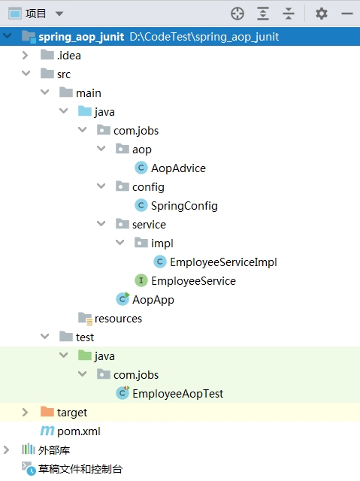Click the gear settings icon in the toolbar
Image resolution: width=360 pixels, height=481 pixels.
(x=322, y=14)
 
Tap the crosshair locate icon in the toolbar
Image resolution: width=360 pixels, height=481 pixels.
(x=237, y=14)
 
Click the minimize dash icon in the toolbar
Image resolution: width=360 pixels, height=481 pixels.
(x=347, y=14)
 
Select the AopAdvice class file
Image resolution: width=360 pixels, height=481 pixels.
(x=178, y=168)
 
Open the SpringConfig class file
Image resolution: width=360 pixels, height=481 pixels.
(x=184, y=206)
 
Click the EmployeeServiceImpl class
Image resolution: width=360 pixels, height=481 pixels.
(x=223, y=262)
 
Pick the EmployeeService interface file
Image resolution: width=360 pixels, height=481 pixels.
(x=193, y=281)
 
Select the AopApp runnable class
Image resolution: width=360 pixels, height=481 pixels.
(x=153, y=300)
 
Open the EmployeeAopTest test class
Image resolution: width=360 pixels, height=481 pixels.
(x=177, y=394)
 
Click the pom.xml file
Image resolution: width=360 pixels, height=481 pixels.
(x=78, y=431)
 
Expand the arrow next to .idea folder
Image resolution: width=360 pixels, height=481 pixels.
(x=25, y=56)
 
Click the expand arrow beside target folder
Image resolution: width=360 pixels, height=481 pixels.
(x=25, y=413)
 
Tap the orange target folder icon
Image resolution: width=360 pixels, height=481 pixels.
(x=47, y=412)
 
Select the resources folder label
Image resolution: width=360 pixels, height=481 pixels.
(x=118, y=319)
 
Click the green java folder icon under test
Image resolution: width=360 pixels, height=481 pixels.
(x=85, y=355)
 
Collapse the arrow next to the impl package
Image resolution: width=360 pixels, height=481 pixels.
(x=120, y=242)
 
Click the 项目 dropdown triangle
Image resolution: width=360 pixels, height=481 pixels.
(x=59, y=14)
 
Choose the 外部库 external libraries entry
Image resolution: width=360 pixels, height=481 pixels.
(x=54, y=450)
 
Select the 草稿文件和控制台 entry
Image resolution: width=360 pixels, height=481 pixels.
(x=80, y=469)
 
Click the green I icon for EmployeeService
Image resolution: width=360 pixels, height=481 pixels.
(x=141, y=280)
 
